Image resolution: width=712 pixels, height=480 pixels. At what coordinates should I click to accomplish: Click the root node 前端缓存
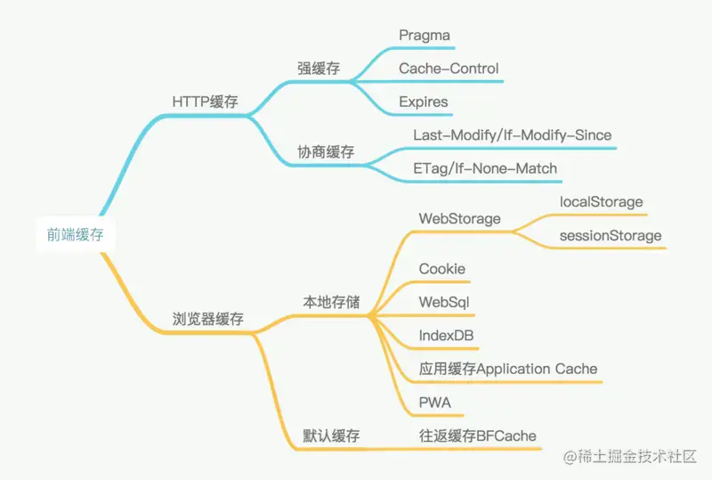click(76, 234)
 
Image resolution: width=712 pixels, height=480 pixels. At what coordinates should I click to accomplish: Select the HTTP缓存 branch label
click(206, 102)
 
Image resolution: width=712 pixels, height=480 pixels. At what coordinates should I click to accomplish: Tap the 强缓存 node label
click(319, 69)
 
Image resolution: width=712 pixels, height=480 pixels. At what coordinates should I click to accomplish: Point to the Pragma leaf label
click(425, 36)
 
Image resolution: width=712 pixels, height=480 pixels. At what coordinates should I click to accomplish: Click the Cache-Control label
click(449, 69)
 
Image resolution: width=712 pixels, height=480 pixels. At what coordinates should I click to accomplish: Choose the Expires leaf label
click(424, 102)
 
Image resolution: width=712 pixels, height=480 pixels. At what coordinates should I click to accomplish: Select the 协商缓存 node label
click(326, 151)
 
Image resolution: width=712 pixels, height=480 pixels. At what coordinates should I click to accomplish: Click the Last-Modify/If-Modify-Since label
click(513, 135)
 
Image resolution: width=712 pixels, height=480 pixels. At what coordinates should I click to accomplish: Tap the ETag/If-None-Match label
click(485, 168)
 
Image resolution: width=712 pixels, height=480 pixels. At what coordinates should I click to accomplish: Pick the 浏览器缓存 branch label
click(208, 319)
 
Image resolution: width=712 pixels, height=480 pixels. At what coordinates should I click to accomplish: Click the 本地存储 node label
click(331, 302)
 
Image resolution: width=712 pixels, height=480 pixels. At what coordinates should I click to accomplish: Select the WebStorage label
click(459, 219)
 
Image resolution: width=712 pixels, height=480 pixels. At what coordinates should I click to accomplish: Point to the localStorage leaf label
click(602, 202)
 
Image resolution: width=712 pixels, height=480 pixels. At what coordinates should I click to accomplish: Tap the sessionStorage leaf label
click(611, 235)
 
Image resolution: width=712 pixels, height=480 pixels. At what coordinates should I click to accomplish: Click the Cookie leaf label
click(441, 269)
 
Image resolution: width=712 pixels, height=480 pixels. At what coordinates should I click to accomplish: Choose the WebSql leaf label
click(443, 302)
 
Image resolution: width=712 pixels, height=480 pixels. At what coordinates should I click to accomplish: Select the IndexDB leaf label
click(446, 336)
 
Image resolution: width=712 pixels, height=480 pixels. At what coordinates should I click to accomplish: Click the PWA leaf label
click(434, 403)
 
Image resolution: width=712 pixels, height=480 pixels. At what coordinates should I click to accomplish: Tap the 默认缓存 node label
click(331, 435)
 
